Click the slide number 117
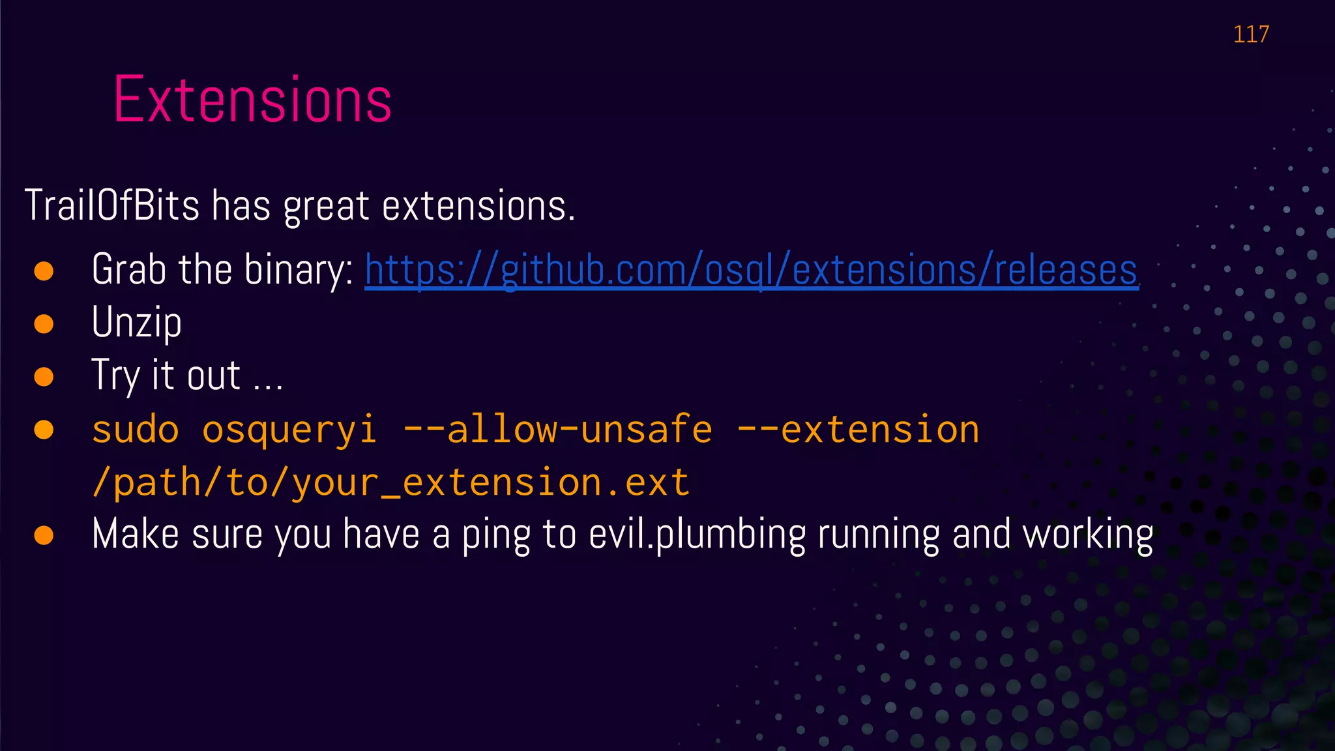point(1251,34)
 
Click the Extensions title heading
point(252,100)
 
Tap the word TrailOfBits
point(111,206)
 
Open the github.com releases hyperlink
point(751,270)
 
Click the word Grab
point(128,269)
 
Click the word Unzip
point(136,323)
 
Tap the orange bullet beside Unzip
point(44,323)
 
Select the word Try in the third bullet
point(115,376)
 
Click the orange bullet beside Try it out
point(44,377)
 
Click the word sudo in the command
point(136,430)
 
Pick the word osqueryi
point(289,430)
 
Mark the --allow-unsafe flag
point(557,430)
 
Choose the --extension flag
point(858,430)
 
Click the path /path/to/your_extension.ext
point(390,483)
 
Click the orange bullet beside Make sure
point(44,535)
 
